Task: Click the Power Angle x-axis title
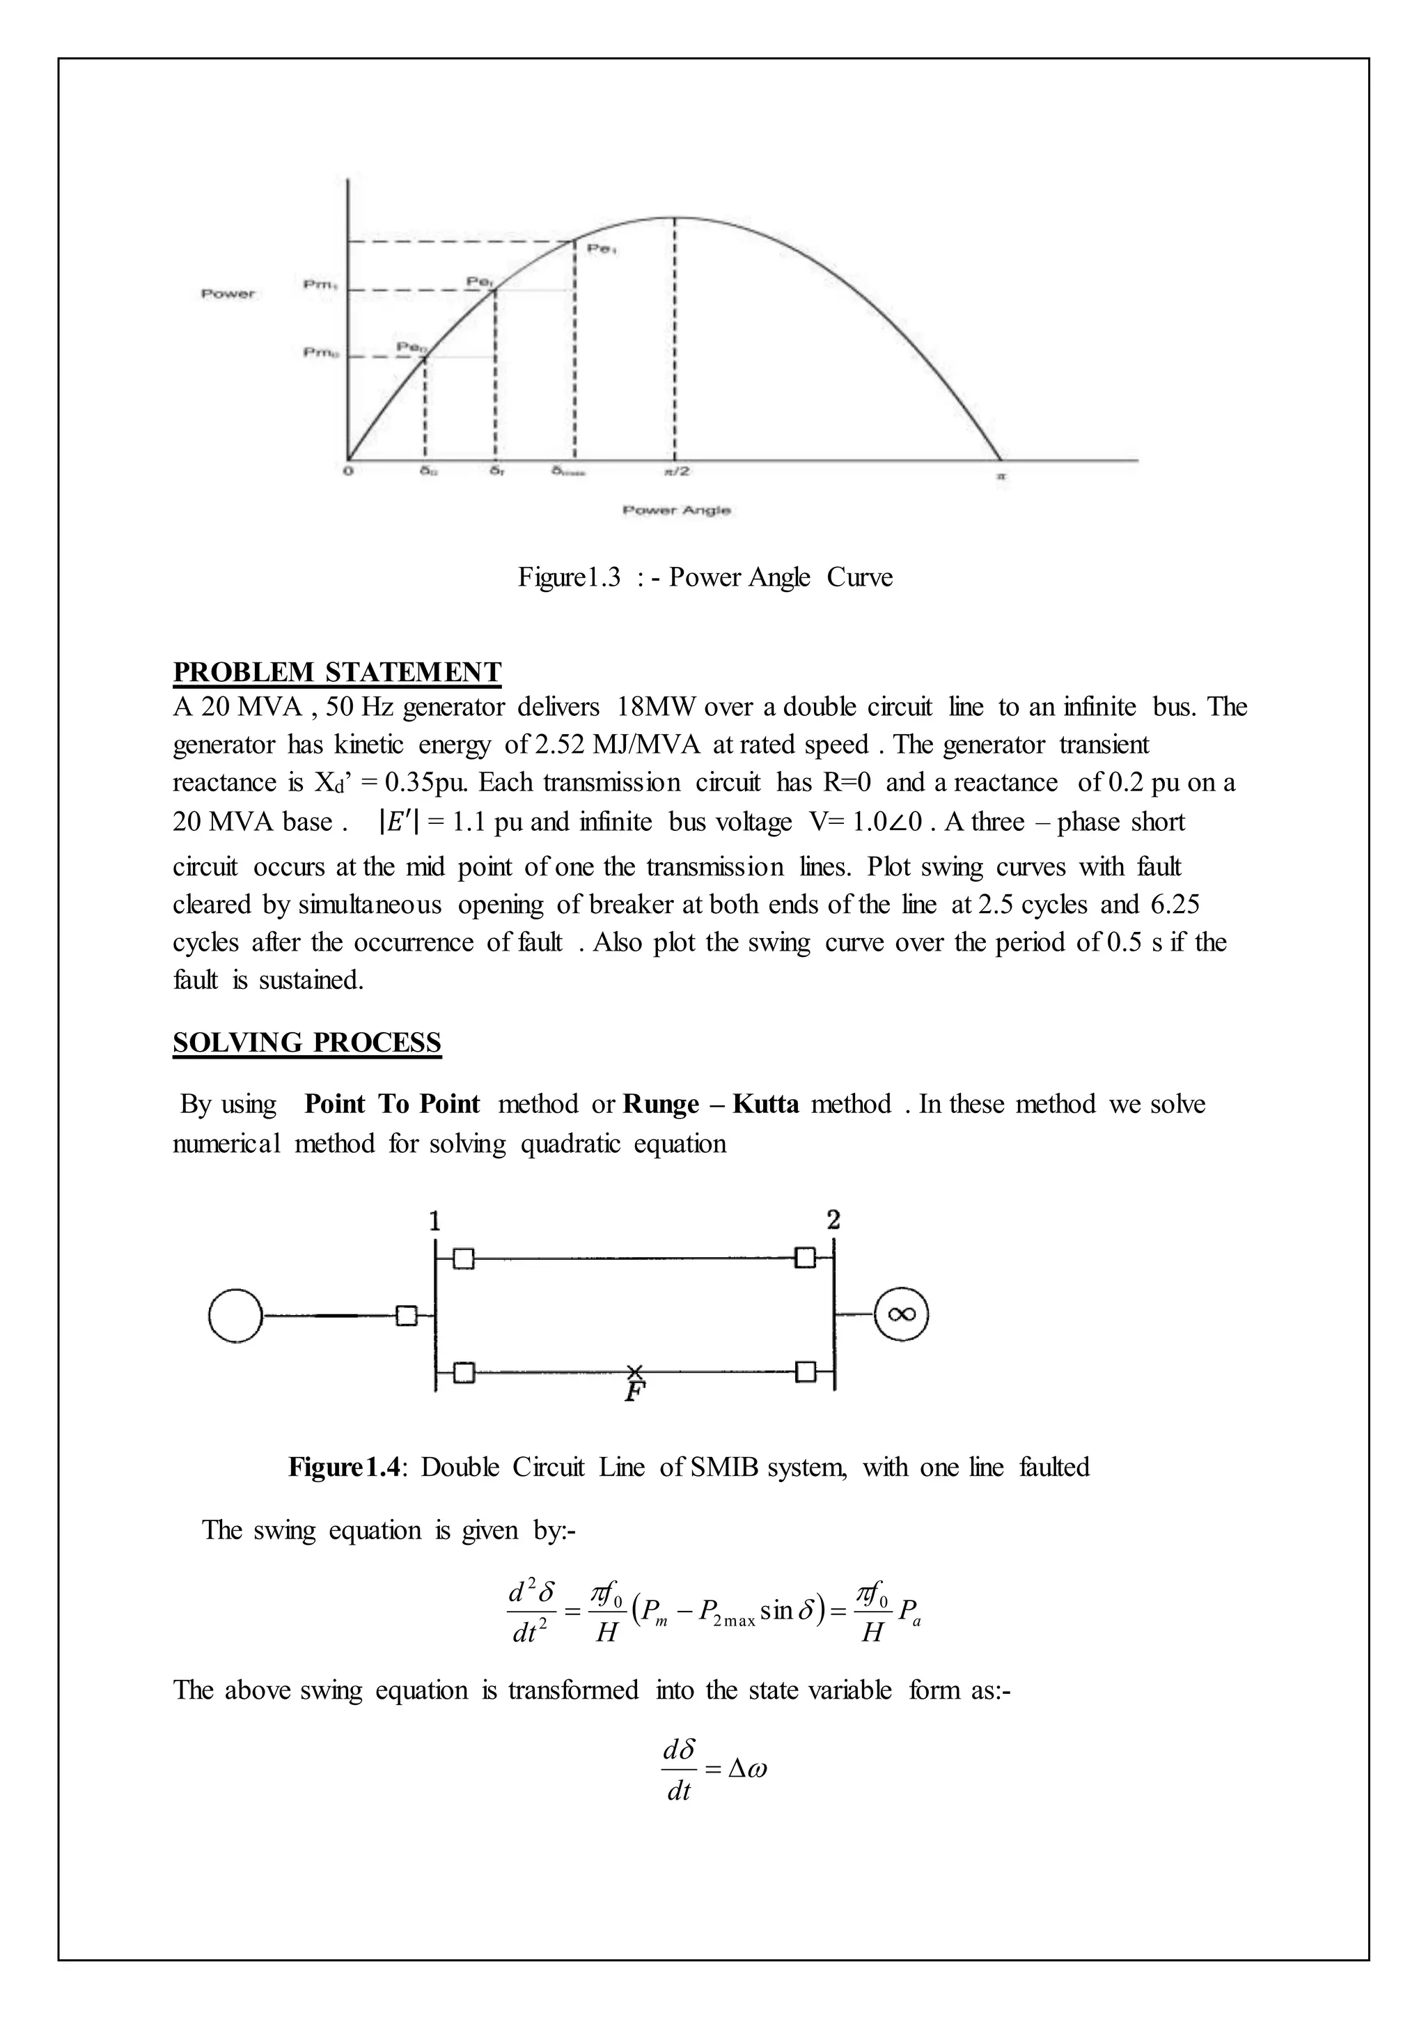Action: (x=676, y=511)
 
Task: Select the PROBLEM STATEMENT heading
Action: (x=336, y=671)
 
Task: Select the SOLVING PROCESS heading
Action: (x=306, y=1042)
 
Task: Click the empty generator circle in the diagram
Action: (x=235, y=1315)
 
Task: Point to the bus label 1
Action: (x=434, y=1220)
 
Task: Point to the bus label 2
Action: (x=833, y=1220)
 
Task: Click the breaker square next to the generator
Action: (x=406, y=1315)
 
